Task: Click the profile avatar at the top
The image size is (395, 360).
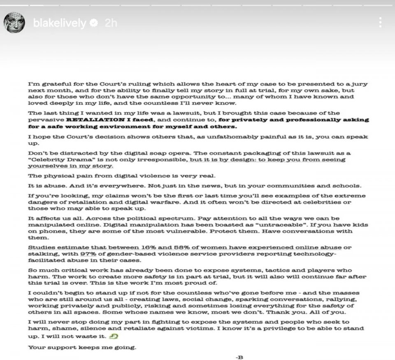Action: point(15,22)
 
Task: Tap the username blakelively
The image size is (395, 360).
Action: point(59,23)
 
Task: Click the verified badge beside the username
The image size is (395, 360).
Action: point(94,23)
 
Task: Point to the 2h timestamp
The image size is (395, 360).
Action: point(111,23)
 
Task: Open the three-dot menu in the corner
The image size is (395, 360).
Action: point(381,22)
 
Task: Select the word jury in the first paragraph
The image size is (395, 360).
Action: point(360,84)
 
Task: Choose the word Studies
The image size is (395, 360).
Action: point(41,248)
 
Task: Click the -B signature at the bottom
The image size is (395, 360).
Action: point(239,357)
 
